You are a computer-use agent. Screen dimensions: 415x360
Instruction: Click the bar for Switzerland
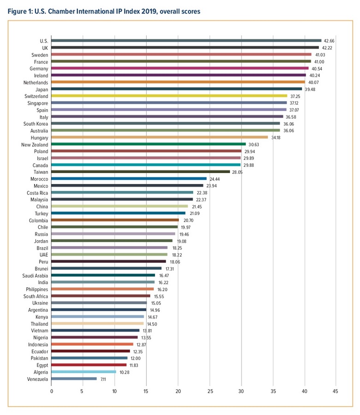click(169, 96)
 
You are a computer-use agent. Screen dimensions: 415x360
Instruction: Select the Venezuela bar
click(74, 379)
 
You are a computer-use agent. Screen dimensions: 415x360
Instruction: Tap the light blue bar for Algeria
click(83, 371)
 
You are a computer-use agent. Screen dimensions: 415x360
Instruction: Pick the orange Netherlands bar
click(178, 82)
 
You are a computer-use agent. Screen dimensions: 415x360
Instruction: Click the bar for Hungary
click(159, 137)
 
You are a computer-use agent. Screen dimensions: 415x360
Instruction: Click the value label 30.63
click(254, 144)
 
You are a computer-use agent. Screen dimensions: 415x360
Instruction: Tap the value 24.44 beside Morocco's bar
click(215, 178)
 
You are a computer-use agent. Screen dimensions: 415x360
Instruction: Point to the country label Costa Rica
click(38, 192)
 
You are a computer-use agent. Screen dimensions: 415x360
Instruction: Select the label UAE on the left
click(44, 254)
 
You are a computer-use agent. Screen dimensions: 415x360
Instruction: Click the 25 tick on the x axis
click(210, 391)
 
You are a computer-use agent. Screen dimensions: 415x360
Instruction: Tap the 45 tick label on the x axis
click(336, 391)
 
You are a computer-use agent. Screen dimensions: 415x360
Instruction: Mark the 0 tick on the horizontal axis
click(52, 391)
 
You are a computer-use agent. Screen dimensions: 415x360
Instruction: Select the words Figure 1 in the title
click(20, 11)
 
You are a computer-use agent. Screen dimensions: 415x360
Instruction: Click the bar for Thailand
click(98, 323)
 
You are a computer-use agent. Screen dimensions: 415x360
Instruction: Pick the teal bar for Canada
click(146, 165)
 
